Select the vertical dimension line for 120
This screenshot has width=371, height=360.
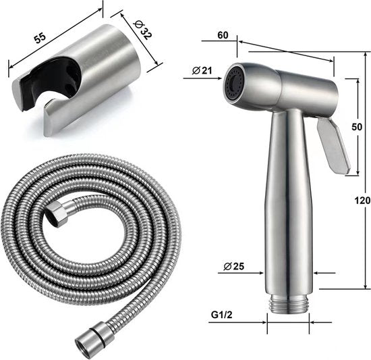(356, 182)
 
